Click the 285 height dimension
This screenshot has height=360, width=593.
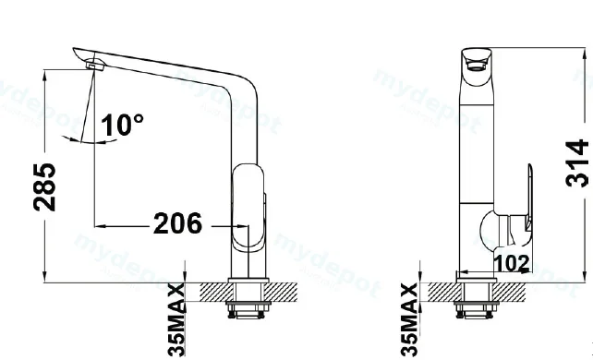pos(44,187)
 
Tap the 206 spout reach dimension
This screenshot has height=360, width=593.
pos(177,223)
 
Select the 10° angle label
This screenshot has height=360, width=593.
pos(122,125)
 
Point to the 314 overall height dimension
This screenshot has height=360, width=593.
pos(577,163)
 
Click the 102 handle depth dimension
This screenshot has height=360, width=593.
pos(512,263)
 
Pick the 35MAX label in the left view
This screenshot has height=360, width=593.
pos(176,320)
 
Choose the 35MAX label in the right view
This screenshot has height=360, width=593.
pos(409,320)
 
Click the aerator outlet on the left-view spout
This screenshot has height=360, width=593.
pos(95,66)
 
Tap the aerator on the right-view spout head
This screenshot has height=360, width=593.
pos(477,66)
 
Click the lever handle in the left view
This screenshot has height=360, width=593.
pos(248,208)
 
